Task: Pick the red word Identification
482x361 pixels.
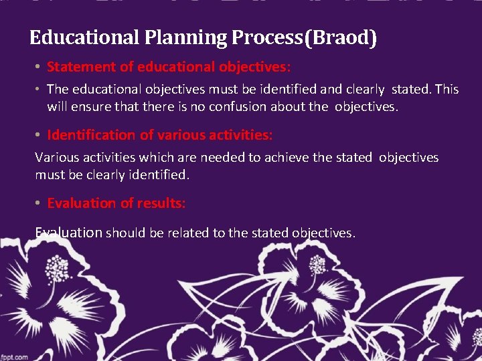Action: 91,135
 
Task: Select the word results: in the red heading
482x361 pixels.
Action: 162,203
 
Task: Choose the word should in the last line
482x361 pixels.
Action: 120,233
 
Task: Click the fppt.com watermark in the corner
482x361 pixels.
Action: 14,356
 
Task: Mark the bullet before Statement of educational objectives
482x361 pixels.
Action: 39,68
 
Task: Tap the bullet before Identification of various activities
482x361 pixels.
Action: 39,136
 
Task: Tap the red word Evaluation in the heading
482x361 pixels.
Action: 80,203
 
